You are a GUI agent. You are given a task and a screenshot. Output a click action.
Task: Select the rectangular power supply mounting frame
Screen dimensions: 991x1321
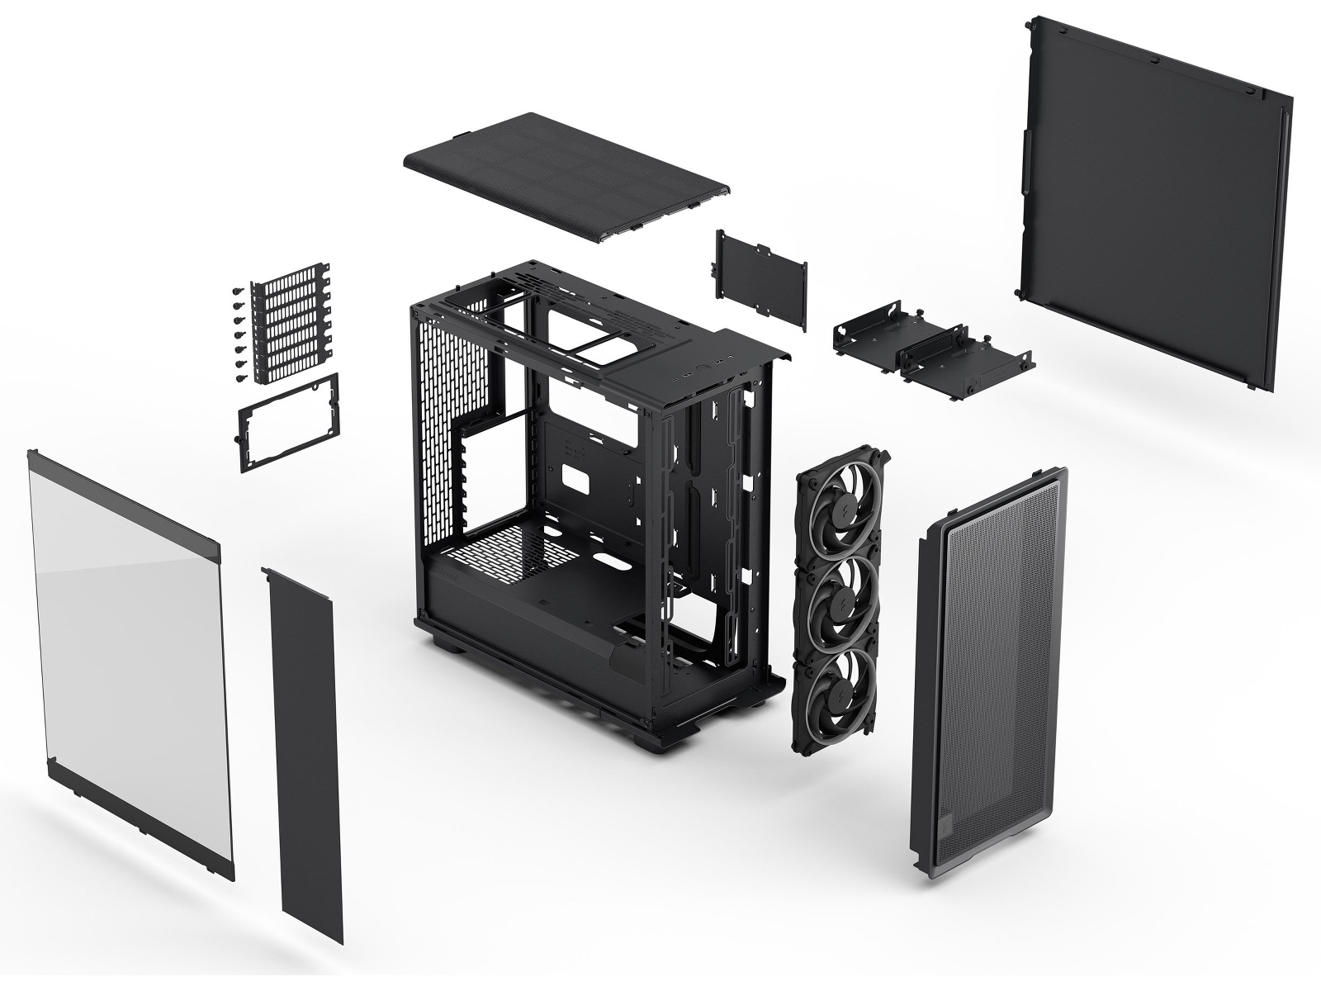pyautogui.click(x=289, y=421)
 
